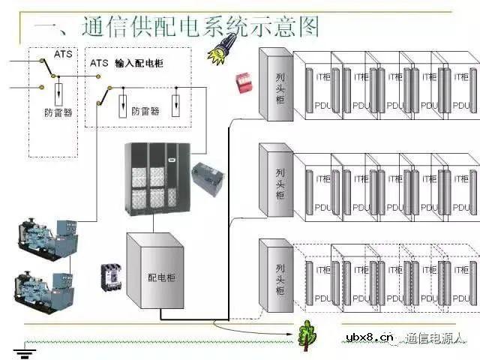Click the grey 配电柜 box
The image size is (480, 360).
click(x=155, y=274)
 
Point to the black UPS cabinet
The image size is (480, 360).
click(x=154, y=176)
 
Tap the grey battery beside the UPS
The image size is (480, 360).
click(x=208, y=178)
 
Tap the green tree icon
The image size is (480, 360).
click(x=305, y=335)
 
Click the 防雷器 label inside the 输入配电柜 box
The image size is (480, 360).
click(x=145, y=111)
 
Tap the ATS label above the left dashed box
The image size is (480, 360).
click(x=63, y=54)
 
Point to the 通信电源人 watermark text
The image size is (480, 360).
click(x=436, y=339)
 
